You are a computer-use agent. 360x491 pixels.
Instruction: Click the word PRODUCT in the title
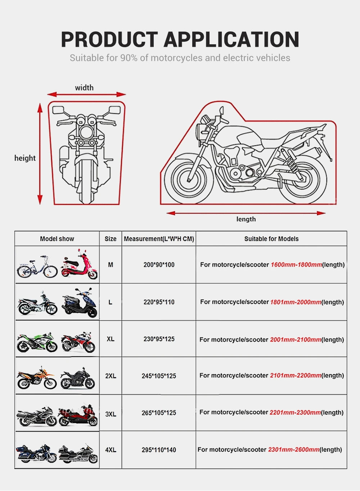tap(109, 39)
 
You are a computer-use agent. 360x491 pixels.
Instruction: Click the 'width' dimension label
tap(84, 87)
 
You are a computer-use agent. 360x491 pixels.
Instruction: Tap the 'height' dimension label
tap(25, 158)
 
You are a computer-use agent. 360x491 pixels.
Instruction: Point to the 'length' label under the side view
tap(246, 219)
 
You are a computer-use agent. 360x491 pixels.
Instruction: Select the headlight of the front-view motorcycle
tap(86, 131)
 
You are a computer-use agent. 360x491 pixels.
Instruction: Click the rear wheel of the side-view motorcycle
tap(302, 180)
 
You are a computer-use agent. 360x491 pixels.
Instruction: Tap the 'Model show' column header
tap(57, 239)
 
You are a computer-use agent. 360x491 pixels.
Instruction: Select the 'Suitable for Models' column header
tap(271, 239)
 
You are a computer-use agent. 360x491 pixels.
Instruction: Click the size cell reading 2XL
tap(111, 376)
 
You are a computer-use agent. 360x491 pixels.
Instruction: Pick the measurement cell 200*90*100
tap(159, 265)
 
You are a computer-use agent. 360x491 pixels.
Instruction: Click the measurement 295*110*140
tap(159, 450)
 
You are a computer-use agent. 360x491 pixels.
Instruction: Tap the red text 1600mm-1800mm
tap(296, 265)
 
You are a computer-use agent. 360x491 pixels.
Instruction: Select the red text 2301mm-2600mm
tap(294, 449)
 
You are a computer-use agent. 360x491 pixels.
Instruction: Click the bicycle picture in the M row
tap(37, 267)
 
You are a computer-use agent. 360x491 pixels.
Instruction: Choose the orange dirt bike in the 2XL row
tap(36, 378)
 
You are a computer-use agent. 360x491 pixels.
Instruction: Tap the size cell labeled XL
tap(111, 339)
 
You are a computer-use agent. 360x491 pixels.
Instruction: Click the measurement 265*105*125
tap(159, 413)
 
